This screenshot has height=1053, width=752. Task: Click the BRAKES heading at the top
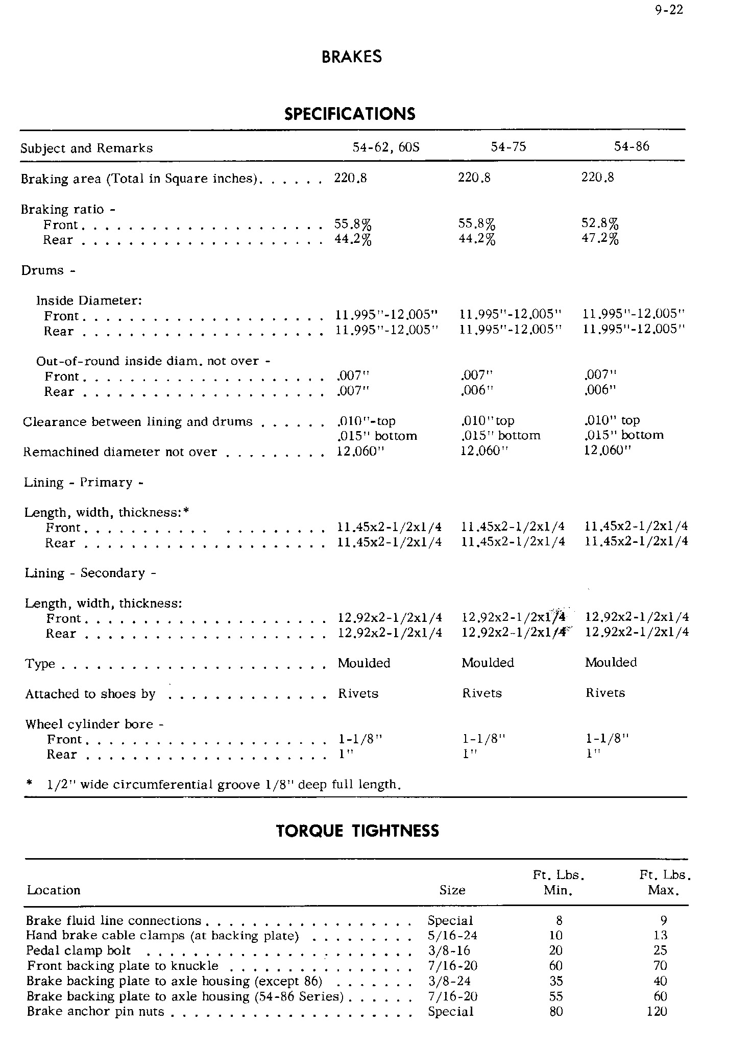click(352, 57)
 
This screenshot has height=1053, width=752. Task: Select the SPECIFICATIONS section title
click(350, 113)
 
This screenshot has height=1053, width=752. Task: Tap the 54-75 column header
click(508, 147)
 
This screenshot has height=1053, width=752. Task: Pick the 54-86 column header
click(632, 146)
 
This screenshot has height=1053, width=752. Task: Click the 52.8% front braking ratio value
click(600, 223)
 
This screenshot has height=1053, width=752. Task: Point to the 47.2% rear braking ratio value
click(600, 238)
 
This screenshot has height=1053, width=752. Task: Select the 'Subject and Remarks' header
click(87, 148)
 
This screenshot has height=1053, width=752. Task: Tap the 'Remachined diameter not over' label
click(120, 452)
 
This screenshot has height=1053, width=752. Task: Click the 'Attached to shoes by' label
click(90, 694)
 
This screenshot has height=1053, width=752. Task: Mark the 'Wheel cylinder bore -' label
click(94, 724)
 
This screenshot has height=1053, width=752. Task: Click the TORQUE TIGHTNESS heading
click(357, 831)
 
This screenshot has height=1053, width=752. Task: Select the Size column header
click(452, 890)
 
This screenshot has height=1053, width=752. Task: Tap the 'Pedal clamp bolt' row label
click(79, 950)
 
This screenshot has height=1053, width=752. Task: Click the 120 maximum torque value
click(657, 1011)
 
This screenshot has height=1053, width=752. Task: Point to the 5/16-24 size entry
click(452, 935)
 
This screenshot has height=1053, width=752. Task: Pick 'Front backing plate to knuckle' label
click(123, 966)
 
